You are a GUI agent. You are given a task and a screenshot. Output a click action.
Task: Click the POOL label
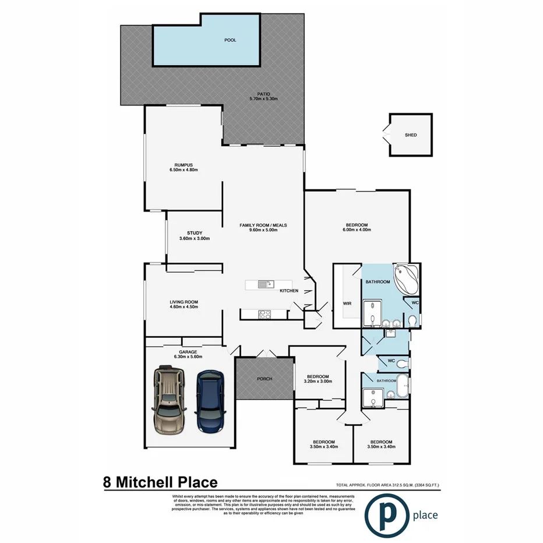231,41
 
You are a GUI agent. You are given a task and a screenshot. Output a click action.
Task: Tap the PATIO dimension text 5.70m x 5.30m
263,99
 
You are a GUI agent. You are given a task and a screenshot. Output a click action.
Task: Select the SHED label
411,135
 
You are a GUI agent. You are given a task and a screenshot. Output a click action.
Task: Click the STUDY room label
194,233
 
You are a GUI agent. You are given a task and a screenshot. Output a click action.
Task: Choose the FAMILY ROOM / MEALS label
263,225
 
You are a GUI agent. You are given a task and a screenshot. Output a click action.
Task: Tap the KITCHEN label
289,291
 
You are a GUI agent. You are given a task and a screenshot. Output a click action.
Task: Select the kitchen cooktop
264,315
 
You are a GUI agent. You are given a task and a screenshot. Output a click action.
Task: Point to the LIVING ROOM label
184,302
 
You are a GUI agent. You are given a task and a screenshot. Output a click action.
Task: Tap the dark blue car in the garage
211,402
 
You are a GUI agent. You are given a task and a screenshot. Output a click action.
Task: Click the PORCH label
264,379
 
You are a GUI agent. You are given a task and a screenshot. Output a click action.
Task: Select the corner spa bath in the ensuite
406,281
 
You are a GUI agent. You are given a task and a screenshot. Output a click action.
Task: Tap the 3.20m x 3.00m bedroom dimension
319,382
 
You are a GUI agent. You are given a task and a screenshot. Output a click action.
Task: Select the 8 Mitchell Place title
160,482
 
